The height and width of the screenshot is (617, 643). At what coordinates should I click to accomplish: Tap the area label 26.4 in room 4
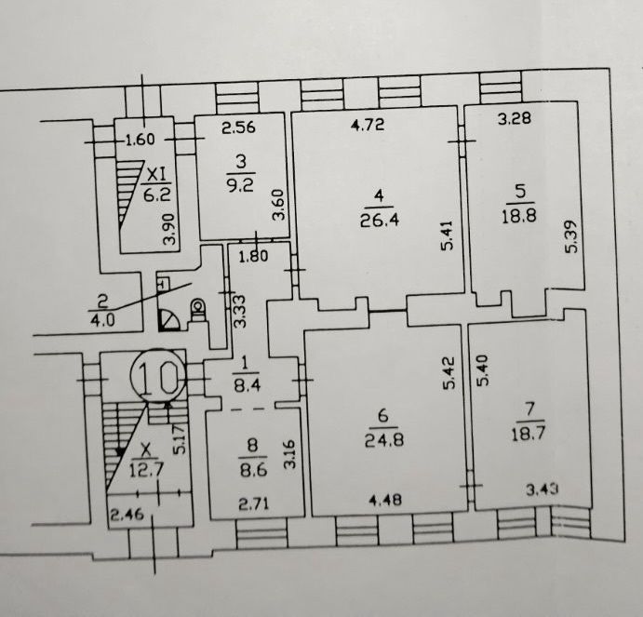click(380, 221)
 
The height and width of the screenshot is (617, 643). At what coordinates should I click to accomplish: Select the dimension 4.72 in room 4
click(368, 125)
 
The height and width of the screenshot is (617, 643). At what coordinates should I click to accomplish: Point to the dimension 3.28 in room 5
click(515, 118)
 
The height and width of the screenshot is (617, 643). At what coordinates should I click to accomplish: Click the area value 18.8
click(519, 216)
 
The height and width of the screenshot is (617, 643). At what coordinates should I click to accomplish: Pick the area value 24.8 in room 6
click(383, 440)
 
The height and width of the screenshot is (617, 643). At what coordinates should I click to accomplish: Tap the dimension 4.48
click(385, 499)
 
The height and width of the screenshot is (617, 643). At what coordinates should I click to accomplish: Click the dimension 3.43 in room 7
click(543, 489)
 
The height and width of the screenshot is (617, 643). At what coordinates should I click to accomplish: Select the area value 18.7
click(529, 434)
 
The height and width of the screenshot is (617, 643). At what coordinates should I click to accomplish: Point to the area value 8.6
click(253, 470)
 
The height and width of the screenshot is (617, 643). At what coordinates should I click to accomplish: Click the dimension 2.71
click(254, 503)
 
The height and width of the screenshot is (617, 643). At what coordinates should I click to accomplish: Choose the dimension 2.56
click(238, 127)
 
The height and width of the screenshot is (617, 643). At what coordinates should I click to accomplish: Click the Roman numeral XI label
click(156, 176)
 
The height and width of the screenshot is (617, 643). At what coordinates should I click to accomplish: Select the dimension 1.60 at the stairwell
click(141, 141)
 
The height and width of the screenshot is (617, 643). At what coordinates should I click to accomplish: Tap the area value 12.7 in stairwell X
click(146, 470)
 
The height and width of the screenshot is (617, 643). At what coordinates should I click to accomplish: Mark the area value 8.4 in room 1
click(246, 386)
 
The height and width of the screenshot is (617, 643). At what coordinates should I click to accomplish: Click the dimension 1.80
click(253, 256)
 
